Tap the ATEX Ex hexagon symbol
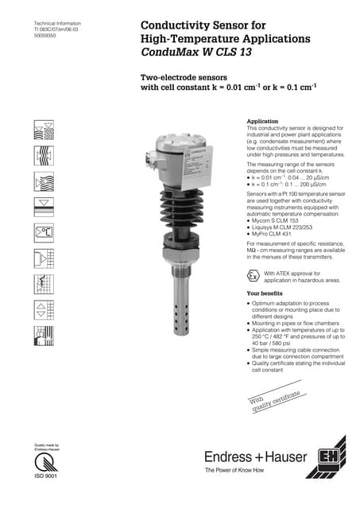(254, 277)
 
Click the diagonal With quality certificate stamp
(275, 404)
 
